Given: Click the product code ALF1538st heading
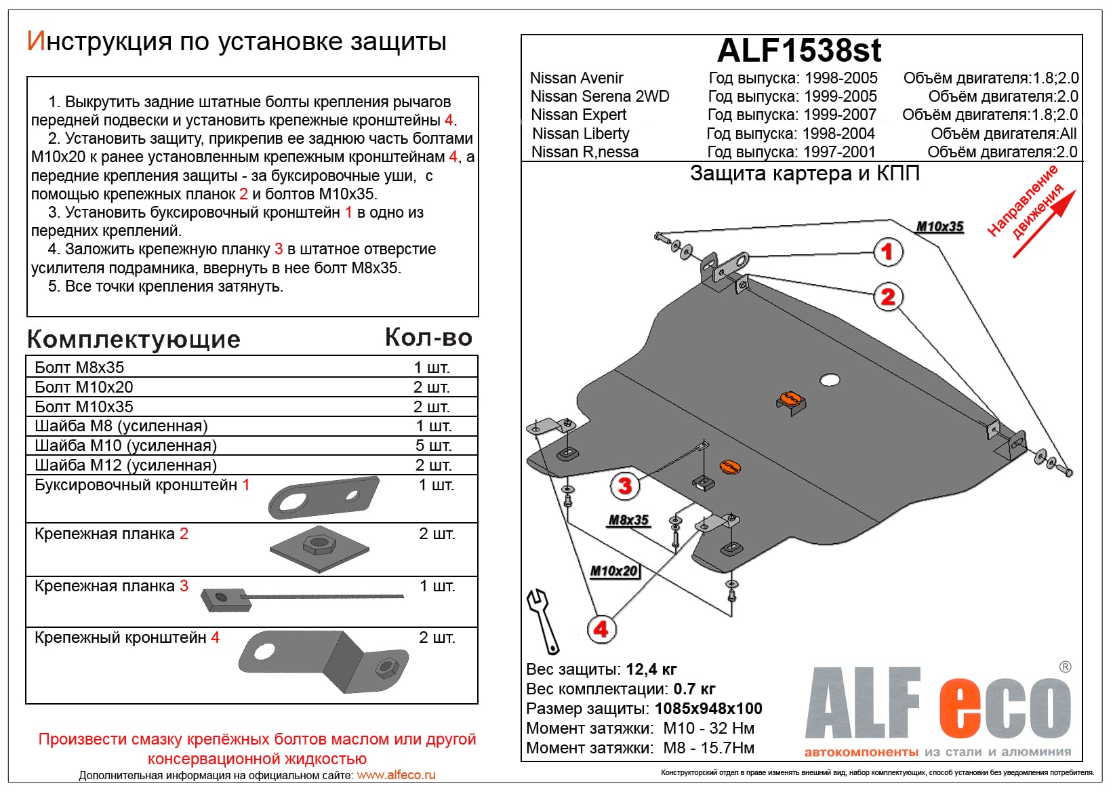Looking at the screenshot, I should (x=799, y=50).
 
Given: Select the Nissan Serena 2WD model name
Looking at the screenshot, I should (x=599, y=96).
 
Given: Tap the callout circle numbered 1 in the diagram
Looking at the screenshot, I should (x=887, y=252).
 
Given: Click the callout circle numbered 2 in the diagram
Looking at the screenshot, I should (x=888, y=297).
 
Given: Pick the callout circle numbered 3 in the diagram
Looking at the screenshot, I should (x=624, y=486).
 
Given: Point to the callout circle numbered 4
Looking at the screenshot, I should (x=601, y=629).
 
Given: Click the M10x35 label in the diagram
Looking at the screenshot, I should (x=939, y=226).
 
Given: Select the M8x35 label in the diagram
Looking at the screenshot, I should (x=628, y=520).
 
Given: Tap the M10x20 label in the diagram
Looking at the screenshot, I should (x=613, y=571).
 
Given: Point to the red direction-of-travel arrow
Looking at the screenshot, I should (x=1044, y=224).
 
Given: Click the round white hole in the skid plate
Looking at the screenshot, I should (x=830, y=380).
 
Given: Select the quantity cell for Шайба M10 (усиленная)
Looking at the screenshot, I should (x=432, y=446).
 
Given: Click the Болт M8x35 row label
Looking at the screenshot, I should (x=79, y=368).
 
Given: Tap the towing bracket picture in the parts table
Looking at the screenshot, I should (x=324, y=497).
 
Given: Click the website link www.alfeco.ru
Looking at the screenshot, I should (x=396, y=775).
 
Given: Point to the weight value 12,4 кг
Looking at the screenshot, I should (x=651, y=669).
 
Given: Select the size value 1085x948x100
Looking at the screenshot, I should (x=708, y=709).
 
